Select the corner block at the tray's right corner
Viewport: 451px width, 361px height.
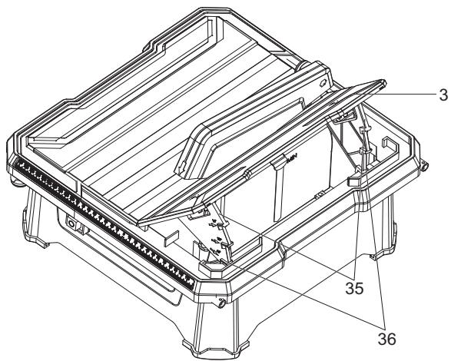[355, 181]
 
